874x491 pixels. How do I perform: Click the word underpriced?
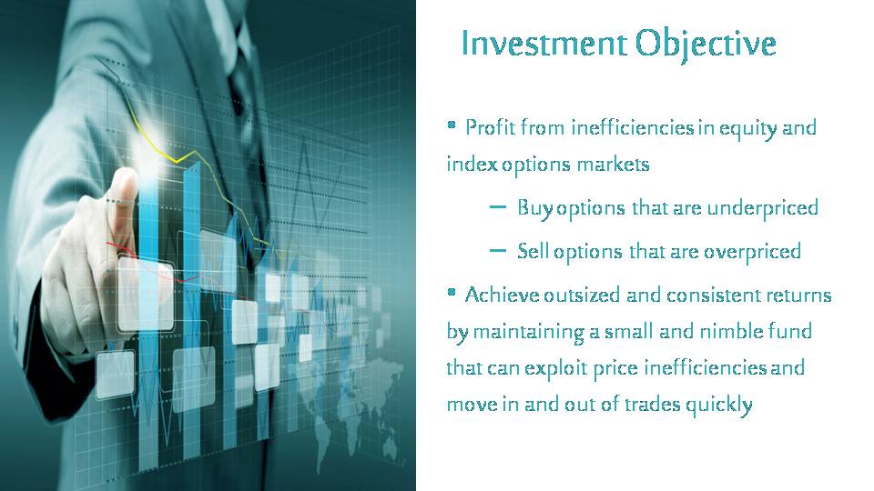point(763,208)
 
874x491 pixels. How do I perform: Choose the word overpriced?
point(753,252)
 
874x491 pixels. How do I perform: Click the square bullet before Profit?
point(452,125)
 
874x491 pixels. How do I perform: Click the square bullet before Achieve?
point(452,292)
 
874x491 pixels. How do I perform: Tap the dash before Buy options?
point(498,207)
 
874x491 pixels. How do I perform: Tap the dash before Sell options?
point(498,251)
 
